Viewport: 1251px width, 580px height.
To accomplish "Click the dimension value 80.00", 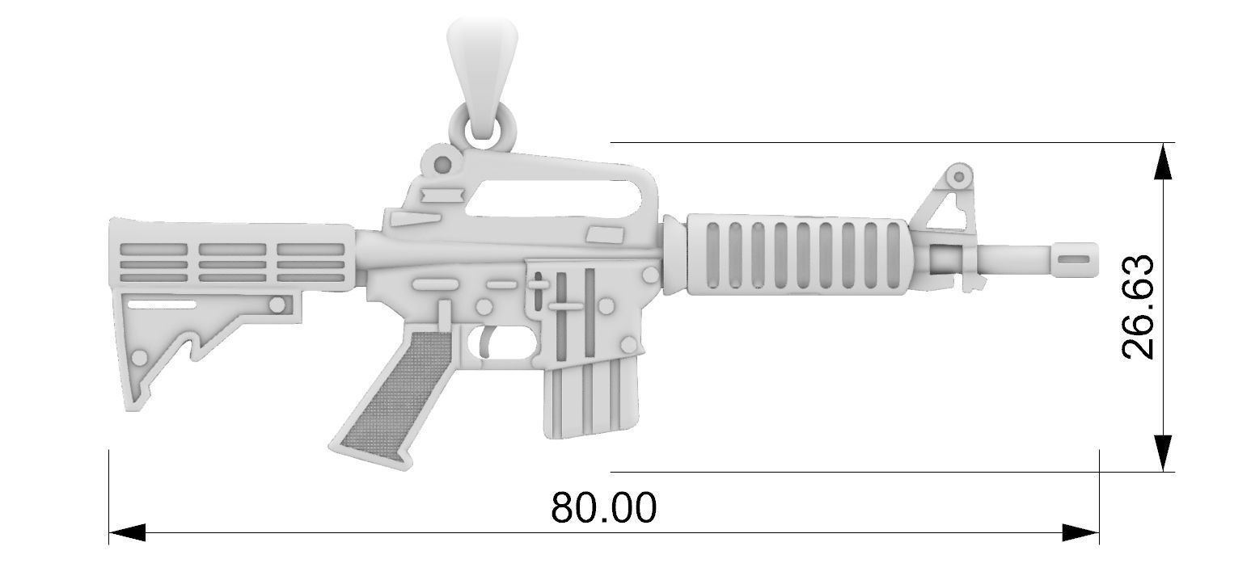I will coord(604,508).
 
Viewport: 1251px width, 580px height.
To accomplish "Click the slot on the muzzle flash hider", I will coord(1073,258).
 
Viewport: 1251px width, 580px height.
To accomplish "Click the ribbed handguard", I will coord(797,252).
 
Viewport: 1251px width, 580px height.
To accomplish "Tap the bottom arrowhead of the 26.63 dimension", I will coord(1162,452).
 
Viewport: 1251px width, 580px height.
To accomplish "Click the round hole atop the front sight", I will coord(959,176).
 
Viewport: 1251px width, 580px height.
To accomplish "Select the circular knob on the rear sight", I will coord(442,165).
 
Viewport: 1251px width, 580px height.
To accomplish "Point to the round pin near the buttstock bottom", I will coord(140,357).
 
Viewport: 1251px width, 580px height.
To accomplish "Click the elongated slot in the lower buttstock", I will coord(162,304).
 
